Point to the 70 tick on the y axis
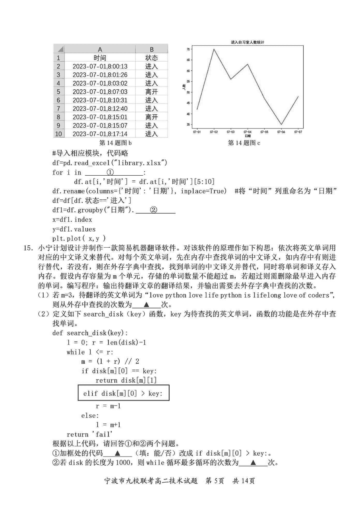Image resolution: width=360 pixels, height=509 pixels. tap(188, 49)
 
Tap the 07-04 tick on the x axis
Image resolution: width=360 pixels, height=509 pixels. tap(247, 131)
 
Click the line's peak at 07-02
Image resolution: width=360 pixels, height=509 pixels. tap(214, 49)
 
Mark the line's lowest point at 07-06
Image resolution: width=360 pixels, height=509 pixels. tap(281, 125)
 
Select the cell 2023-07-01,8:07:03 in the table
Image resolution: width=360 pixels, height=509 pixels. tap(100, 92)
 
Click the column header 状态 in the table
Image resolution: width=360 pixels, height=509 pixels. tap(151, 58)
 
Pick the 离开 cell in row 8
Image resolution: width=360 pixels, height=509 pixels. tap(151, 117)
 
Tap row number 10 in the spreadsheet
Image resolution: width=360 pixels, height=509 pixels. tap(58, 134)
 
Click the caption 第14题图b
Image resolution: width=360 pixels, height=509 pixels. tap(115, 143)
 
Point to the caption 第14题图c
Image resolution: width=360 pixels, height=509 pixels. tap(244, 143)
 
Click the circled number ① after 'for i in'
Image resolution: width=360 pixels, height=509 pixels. tap(110, 172)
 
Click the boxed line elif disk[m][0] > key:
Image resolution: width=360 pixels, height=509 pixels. tap(123, 393)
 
